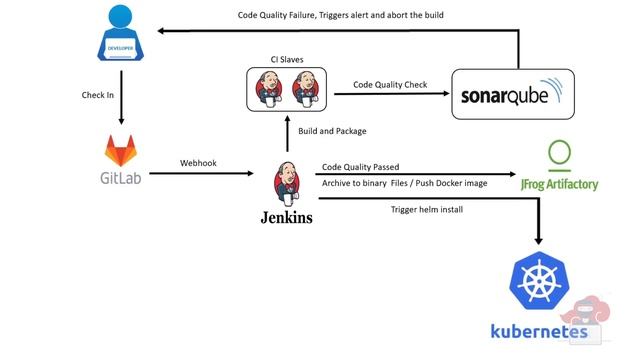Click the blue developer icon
tap(120, 35)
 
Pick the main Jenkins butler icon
tap(286, 182)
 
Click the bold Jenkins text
tap(287, 216)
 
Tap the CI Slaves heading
tap(288, 61)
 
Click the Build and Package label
tap(333, 131)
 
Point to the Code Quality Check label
tap(390, 85)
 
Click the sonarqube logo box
tap(513, 94)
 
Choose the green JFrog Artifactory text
tap(561, 186)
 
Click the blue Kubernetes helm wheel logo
tap(540, 280)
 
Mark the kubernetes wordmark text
tap(538, 331)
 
